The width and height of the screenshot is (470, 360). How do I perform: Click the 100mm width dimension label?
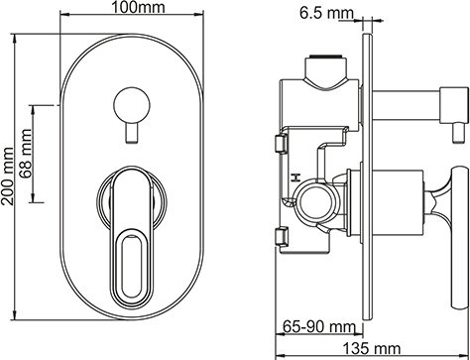pyautogui.click(x=124, y=9)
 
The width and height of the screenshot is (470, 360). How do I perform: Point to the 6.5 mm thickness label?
pyautogui.click(x=326, y=13)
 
